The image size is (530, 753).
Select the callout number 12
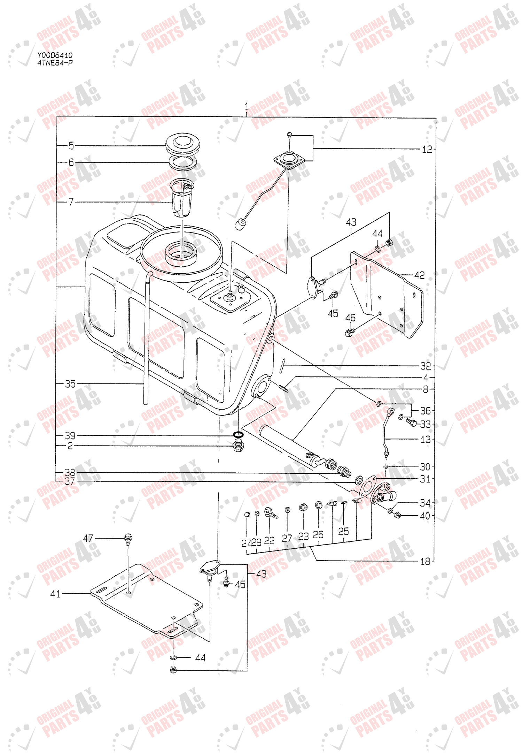pos(427,150)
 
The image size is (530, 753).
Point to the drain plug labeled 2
pos(238,447)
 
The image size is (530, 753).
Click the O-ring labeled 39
pos(238,435)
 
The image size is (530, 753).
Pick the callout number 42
pos(419,275)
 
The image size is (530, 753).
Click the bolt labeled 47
pos(128,538)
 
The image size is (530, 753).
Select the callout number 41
pos(55,594)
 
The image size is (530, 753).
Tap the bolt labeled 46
pos(349,332)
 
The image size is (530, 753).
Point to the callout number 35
pos(70,384)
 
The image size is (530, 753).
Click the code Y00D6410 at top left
pos(55,55)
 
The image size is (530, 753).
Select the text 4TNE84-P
pos(55,63)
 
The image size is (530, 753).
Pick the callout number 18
pos(425,562)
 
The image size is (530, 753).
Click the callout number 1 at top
pos(247,106)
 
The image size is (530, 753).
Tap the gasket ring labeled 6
pos(183,162)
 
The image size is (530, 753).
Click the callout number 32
pos(426,366)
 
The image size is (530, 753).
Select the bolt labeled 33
pos(411,423)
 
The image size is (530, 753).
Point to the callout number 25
pos(343,531)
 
